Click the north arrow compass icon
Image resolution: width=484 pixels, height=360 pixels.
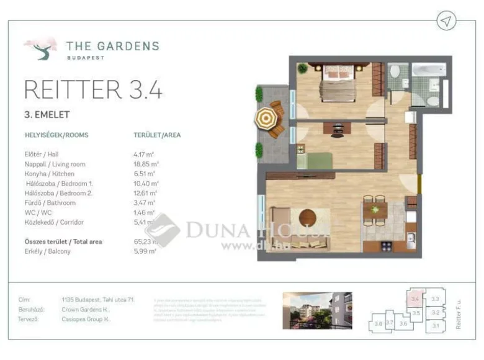(x=446, y=21)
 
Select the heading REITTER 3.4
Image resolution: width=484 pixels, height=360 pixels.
(x=93, y=89)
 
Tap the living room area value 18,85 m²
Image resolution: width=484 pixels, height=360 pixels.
(x=146, y=164)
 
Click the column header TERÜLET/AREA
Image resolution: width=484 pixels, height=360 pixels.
(x=157, y=134)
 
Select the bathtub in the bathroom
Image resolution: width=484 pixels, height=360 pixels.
(x=429, y=71)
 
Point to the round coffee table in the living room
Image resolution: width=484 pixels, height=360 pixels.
(x=307, y=217)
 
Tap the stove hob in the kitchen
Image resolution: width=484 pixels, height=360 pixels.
(x=386, y=246)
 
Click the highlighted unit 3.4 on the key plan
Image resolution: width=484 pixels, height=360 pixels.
(x=416, y=299)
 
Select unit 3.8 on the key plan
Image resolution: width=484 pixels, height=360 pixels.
(x=378, y=323)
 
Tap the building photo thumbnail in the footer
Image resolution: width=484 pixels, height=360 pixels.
(x=316, y=310)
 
